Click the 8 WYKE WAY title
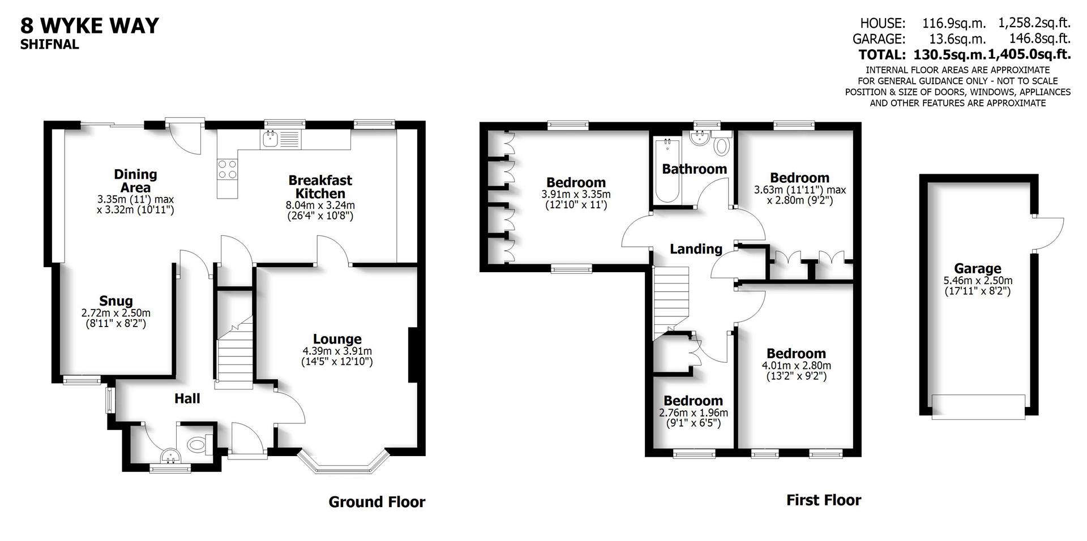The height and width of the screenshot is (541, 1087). click(x=89, y=26)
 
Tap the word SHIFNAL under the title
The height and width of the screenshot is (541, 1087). click(x=50, y=45)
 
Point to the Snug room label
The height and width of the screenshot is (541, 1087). click(x=116, y=301)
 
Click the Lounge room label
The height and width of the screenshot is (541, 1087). click(x=337, y=339)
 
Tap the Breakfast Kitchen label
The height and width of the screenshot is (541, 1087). click(x=320, y=187)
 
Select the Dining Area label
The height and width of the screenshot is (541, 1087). click(x=135, y=181)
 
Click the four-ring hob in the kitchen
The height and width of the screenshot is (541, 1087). click(x=228, y=169)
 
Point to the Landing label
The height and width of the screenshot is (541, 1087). click(x=696, y=249)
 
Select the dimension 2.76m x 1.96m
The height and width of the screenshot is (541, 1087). click(x=694, y=413)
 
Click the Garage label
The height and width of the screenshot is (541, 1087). click(x=977, y=269)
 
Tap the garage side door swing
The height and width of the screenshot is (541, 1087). click(x=1049, y=233)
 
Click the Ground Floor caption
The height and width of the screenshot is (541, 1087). click(x=376, y=502)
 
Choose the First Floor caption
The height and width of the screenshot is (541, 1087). click(x=823, y=500)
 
